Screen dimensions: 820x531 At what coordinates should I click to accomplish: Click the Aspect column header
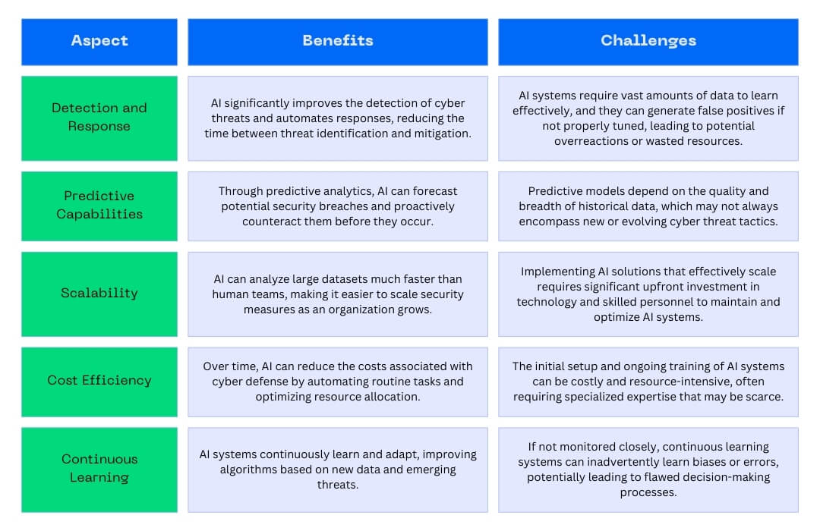[x=99, y=42]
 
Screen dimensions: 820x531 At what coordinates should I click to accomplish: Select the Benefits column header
[x=338, y=42]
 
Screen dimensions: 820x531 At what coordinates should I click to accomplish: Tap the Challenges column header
[x=648, y=42]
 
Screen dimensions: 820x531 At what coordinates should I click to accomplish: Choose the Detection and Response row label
[x=99, y=118]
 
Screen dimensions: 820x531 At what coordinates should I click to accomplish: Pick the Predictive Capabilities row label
[x=99, y=206]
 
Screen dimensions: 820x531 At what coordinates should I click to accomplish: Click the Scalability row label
[x=99, y=294]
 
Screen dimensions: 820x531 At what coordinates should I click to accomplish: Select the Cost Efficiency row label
[x=99, y=382]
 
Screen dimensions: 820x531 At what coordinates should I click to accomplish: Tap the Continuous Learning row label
[x=99, y=470]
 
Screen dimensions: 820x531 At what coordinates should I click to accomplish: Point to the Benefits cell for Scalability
[x=338, y=294]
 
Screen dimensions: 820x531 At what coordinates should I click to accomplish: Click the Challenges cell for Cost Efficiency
[x=648, y=382]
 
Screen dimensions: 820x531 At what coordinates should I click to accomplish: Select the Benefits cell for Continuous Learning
[x=338, y=470]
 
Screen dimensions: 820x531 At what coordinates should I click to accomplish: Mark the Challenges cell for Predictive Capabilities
[x=648, y=206]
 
